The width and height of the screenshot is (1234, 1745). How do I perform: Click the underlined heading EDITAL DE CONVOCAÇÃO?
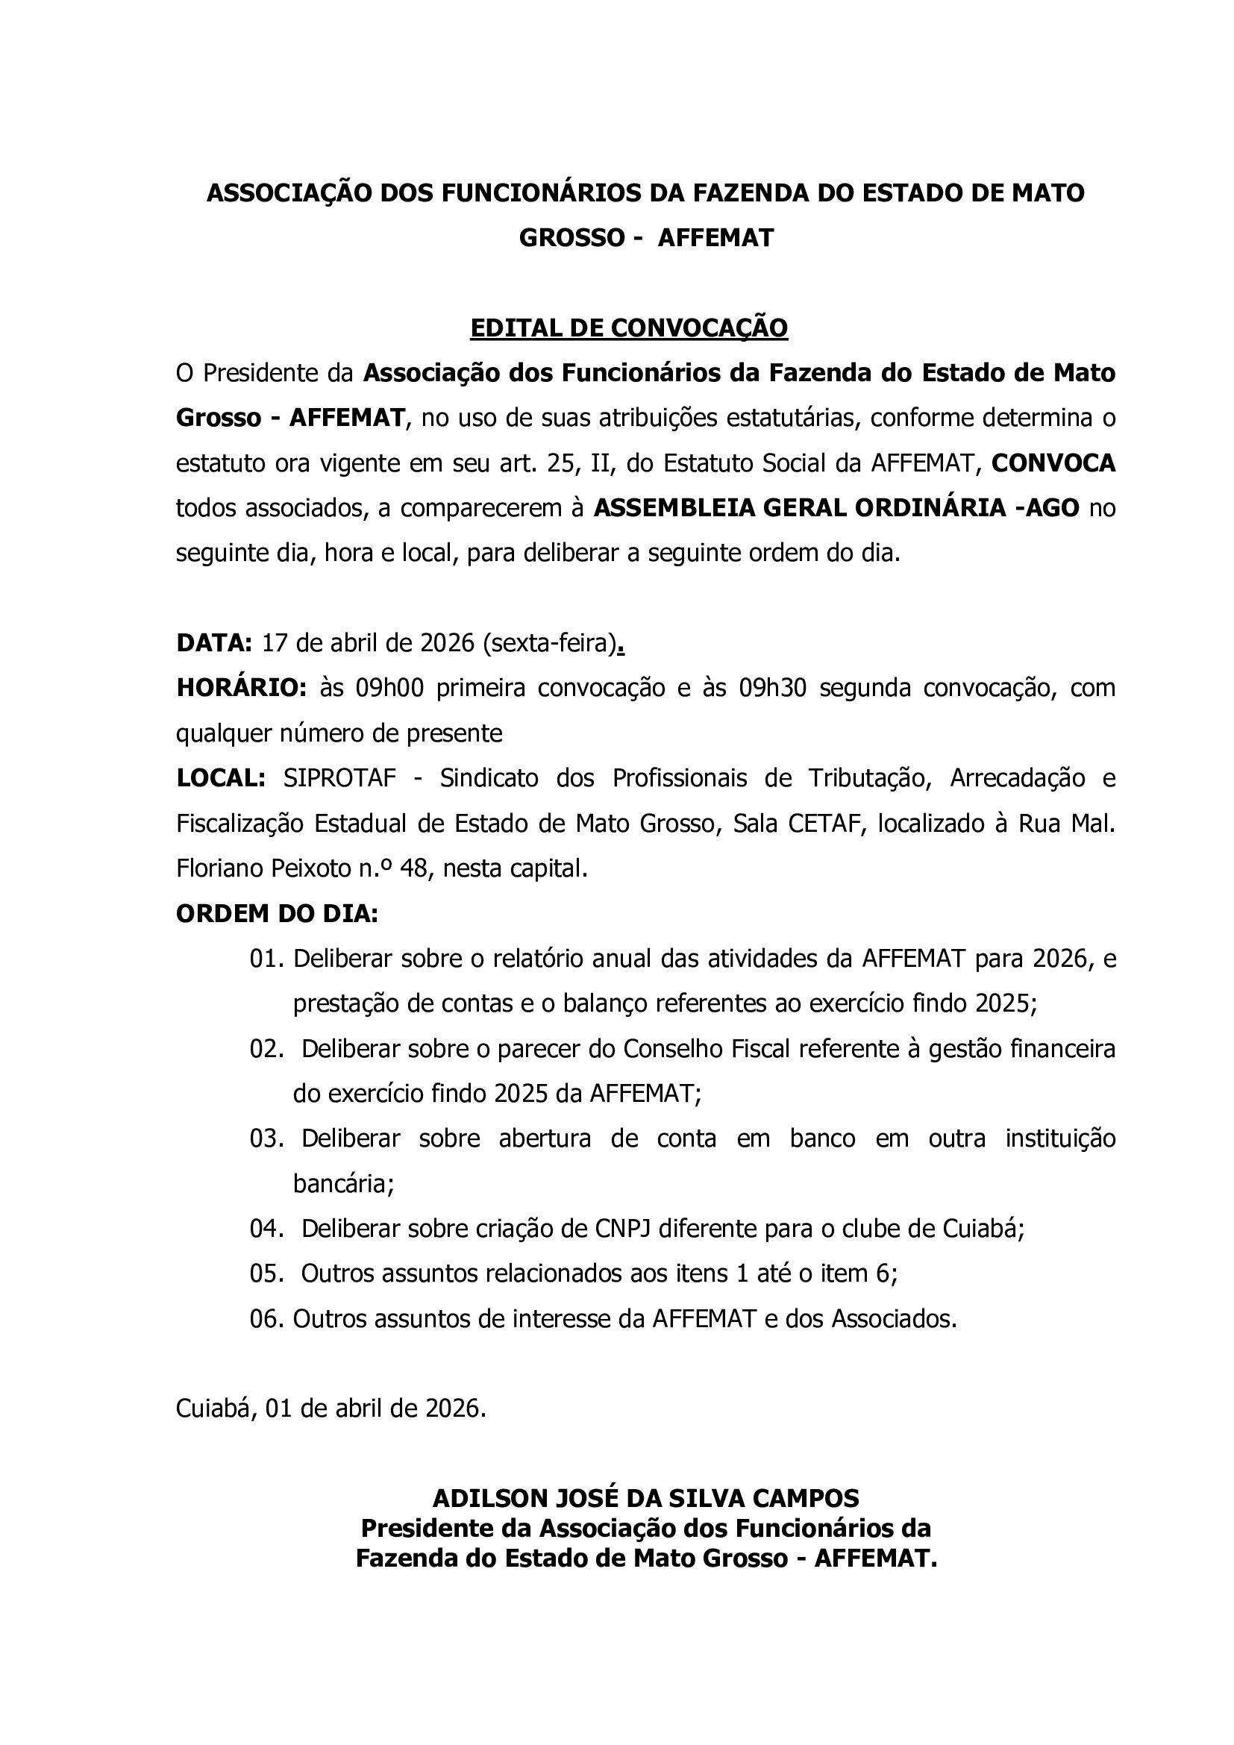(x=629, y=328)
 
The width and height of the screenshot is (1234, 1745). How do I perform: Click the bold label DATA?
(x=213, y=643)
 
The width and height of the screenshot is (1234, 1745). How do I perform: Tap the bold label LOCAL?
(x=220, y=778)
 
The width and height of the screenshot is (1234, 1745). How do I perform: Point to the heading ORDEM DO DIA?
(x=277, y=914)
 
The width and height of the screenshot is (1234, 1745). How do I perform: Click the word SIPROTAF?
(x=339, y=778)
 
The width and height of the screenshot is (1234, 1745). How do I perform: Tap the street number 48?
(x=414, y=868)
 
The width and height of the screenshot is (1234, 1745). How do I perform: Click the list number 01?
(x=266, y=959)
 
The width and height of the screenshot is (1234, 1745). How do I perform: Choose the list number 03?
(x=266, y=1139)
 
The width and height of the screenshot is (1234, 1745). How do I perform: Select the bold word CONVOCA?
(x=1053, y=463)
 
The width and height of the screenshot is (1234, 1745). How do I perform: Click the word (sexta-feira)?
(x=549, y=643)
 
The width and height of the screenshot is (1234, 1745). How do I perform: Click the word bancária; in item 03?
(x=343, y=1184)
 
